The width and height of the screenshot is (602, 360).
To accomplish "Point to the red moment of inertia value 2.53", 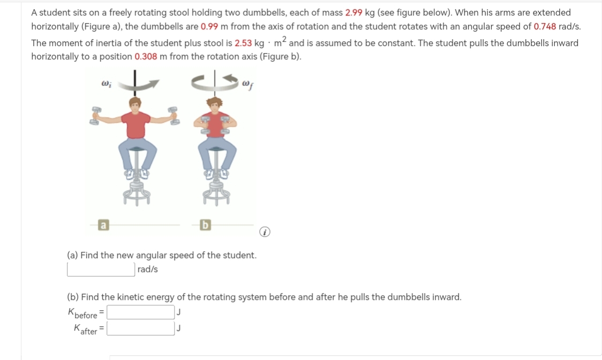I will pyautogui.click(x=244, y=43).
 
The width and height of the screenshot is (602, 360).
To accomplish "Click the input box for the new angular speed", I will pyautogui.click(x=101, y=269).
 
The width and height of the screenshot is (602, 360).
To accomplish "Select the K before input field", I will pyautogui.click(x=141, y=312).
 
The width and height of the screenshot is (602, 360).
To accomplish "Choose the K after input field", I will pyautogui.click(x=141, y=328).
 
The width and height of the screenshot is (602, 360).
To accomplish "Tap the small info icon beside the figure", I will pyautogui.click(x=263, y=232).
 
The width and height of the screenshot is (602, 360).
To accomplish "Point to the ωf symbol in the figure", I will pyautogui.click(x=247, y=84).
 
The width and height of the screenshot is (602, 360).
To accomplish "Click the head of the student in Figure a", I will pyautogui.click(x=136, y=103).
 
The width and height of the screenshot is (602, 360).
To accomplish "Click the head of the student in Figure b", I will pyautogui.click(x=215, y=103).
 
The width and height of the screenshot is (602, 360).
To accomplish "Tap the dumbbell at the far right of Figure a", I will pyautogui.click(x=174, y=115).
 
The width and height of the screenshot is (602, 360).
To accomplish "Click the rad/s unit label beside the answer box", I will pyautogui.click(x=147, y=269).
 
